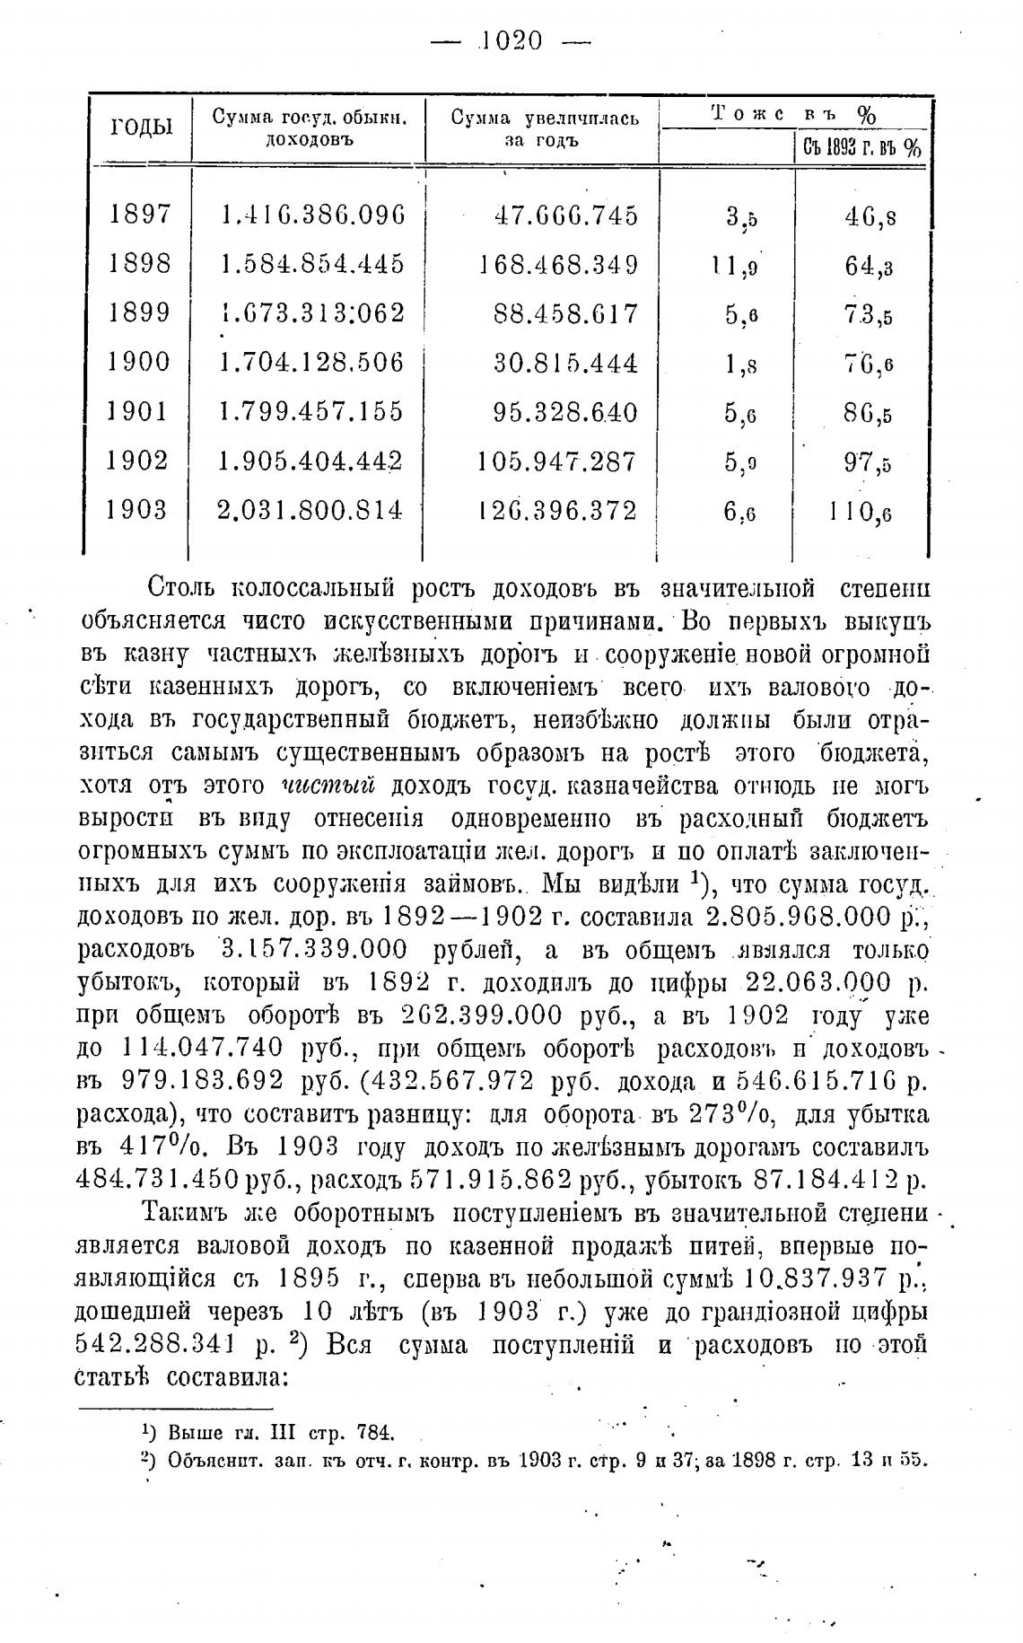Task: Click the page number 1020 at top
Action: point(512,40)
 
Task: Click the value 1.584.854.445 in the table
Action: point(312,265)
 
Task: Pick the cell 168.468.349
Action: point(559,265)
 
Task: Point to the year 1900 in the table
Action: point(139,363)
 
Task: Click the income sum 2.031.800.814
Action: point(310,511)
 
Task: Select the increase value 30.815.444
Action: point(566,363)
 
